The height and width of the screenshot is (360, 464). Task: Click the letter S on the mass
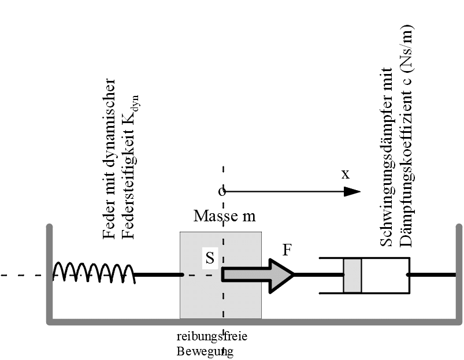(210, 258)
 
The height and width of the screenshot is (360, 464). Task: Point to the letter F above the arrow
(288, 250)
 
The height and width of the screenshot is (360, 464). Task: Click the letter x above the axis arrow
(346, 175)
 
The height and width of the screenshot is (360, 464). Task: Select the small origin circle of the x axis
(221, 191)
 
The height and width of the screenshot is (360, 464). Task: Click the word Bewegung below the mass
(205, 351)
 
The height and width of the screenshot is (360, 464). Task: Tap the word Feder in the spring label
(107, 226)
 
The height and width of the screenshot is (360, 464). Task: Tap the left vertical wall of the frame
(50, 272)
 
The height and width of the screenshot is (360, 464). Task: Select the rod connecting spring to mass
(158, 275)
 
